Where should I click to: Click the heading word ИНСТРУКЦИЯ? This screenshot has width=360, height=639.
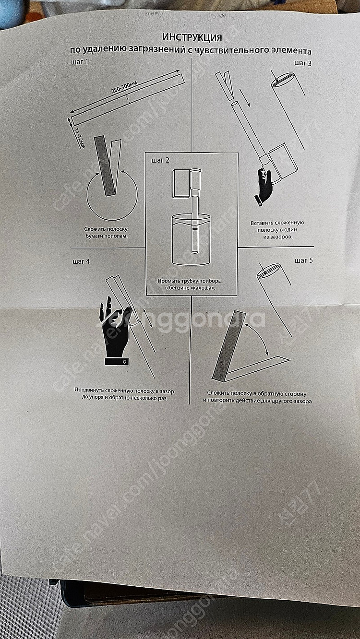pyautogui.click(x=192, y=37)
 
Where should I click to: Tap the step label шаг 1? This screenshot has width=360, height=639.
pyautogui.click(x=80, y=61)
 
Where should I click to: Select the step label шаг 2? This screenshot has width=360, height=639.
pyautogui.click(x=160, y=160)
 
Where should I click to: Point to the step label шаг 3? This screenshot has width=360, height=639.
pyautogui.click(x=303, y=63)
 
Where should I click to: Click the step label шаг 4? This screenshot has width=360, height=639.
pyautogui.click(x=81, y=261)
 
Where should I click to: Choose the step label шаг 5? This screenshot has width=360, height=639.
pyautogui.click(x=304, y=260)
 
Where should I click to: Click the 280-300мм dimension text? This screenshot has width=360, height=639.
pyautogui.click(x=124, y=87)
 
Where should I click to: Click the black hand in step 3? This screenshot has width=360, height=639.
pyautogui.click(x=263, y=186)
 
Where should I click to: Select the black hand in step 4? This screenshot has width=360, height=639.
pyautogui.click(x=116, y=331)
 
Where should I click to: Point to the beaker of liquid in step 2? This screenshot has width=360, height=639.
pyautogui.click(x=191, y=239)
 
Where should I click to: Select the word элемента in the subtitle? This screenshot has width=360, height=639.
pyautogui.click(x=296, y=52)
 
